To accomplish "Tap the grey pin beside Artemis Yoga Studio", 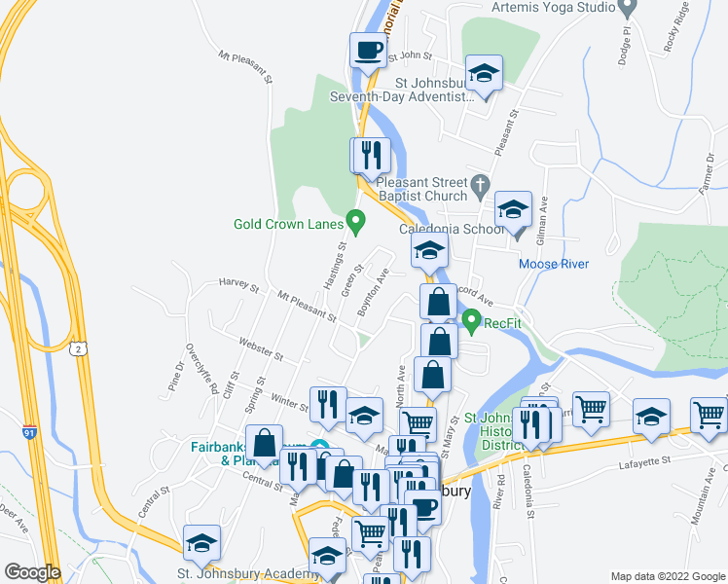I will pyautogui.click(x=628, y=7).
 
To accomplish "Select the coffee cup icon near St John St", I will pyautogui.click(x=368, y=49).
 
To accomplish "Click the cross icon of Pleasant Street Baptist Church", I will pyautogui.click(x=479, y=183).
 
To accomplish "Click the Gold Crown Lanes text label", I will pyautogui.click(x=289, y=224).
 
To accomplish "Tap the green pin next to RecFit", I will pyautogui.click(x=472, y=318).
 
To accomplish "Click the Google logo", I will pyautogui.click(x=32, y=572).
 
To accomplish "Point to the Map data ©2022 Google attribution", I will pyautogui.click(x=666, y=576).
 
